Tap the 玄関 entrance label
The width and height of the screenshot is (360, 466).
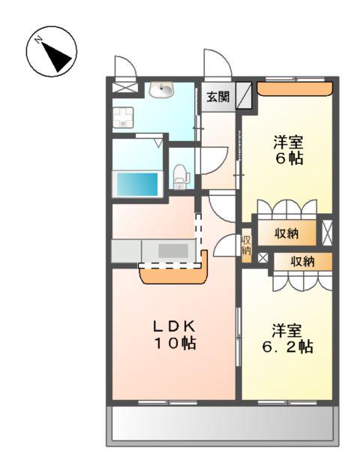(217, 96)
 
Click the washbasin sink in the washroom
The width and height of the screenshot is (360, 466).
(160, 91)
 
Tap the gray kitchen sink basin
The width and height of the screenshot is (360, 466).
(173, 251)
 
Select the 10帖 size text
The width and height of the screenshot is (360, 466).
(175, 344)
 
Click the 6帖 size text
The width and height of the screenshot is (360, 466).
(288, 159)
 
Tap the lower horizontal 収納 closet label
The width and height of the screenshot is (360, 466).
(302, 261)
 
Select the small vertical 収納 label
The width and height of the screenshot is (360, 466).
(246, 245)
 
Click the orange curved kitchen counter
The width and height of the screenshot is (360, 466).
(172, 275)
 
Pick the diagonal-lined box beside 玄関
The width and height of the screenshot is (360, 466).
(244, 96)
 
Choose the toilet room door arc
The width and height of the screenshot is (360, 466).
(211, 159)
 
